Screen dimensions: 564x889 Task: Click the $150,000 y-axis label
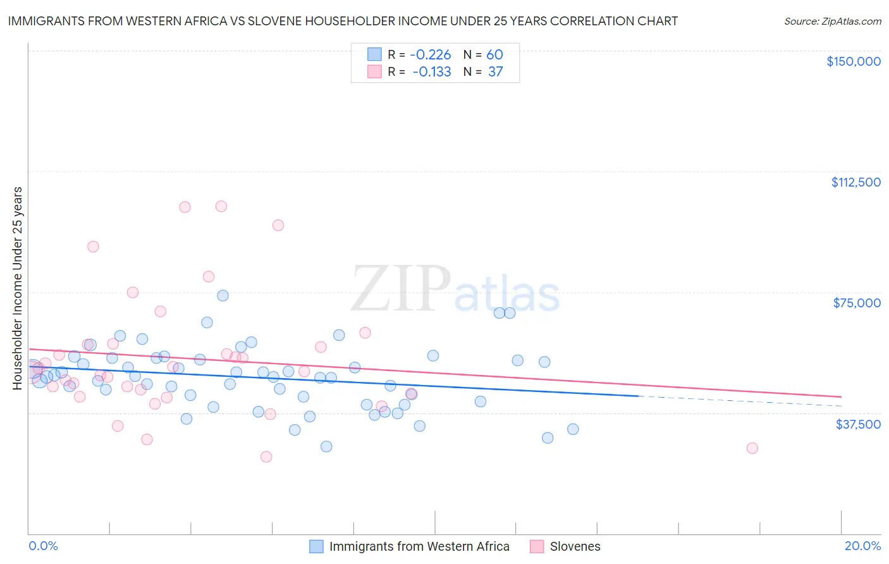tap(853, 61)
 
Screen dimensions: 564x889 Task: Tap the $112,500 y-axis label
tap(855, 182)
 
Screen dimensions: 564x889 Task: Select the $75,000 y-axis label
tap(857, 303)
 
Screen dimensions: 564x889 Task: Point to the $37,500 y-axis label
tap(858, 424)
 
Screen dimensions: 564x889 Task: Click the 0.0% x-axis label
tap(43, 546)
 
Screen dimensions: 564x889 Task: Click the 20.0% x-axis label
tap(862, 546)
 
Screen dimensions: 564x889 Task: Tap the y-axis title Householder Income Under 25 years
tap(18, 288)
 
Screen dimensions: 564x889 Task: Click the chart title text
tap(343, 21)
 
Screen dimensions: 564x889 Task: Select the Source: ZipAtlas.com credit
tap(832, 21)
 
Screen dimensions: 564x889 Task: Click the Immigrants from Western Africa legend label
tap(419, 546)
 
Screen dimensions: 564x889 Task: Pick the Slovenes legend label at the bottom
tap(575, 546)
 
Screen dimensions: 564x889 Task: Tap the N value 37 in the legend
tap(495, 72)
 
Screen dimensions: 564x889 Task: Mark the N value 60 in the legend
tap(494, 55)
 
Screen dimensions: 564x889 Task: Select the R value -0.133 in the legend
tap(432, 72)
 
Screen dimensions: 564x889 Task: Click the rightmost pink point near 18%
tap(752, 448)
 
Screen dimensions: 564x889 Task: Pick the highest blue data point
tap(223, 295)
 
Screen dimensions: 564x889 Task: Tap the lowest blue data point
tap(326, 446)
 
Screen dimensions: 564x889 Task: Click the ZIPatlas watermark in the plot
tap(455, 290)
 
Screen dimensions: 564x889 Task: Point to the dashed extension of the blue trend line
tap(740, 401)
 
